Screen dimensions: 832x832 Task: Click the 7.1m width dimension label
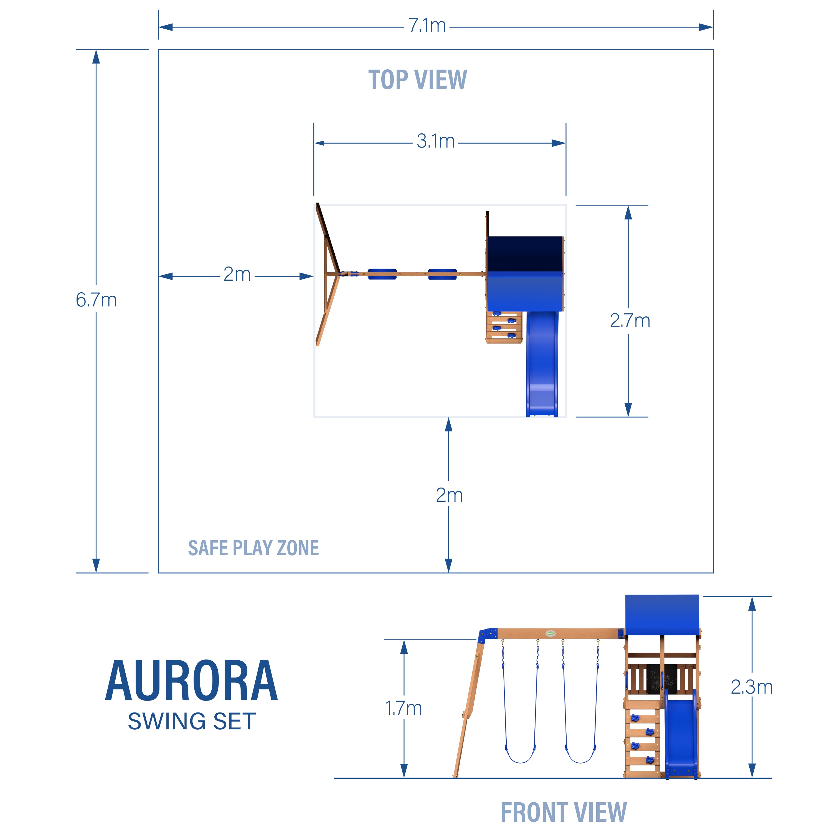427,26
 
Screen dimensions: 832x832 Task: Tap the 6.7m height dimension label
96,300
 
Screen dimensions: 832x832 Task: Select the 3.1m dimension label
435,141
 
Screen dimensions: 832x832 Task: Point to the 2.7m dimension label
630,321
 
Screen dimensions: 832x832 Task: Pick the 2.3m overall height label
752,687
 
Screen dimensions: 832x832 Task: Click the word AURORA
192,681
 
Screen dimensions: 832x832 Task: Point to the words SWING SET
192,721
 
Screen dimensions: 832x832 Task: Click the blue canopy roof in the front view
662,615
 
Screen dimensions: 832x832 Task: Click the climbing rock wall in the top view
504,327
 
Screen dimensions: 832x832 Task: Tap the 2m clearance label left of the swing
237,274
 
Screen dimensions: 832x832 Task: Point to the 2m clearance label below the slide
449,495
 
